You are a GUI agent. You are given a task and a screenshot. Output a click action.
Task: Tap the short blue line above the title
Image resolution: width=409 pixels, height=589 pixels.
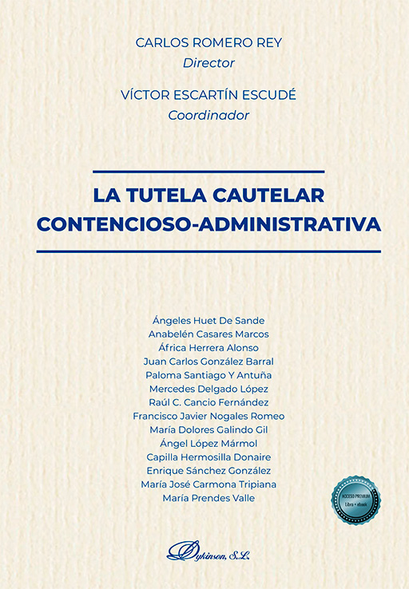coord(208,171)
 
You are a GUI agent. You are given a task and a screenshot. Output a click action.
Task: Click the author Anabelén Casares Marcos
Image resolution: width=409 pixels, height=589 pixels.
coord(208,334)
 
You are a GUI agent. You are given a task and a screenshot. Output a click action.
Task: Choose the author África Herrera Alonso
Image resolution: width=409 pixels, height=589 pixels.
coord(208,347)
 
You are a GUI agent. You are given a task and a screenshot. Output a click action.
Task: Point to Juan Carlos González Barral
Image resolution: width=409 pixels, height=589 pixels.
coord(208,361)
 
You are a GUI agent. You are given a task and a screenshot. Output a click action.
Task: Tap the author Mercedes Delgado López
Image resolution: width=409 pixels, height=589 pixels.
coord(208,389)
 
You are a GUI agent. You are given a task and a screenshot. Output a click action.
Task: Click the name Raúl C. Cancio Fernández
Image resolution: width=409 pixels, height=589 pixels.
coord(208,402)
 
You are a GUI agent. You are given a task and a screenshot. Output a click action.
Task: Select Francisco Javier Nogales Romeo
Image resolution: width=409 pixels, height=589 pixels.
coord(208,416)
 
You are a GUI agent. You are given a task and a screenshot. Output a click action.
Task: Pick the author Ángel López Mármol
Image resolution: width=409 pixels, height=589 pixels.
coord(208,443)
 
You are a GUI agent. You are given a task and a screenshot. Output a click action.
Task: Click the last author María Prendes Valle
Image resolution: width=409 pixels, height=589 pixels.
coord(208,498)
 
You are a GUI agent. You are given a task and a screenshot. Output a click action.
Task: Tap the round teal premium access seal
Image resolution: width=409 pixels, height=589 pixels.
coord(356,501)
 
